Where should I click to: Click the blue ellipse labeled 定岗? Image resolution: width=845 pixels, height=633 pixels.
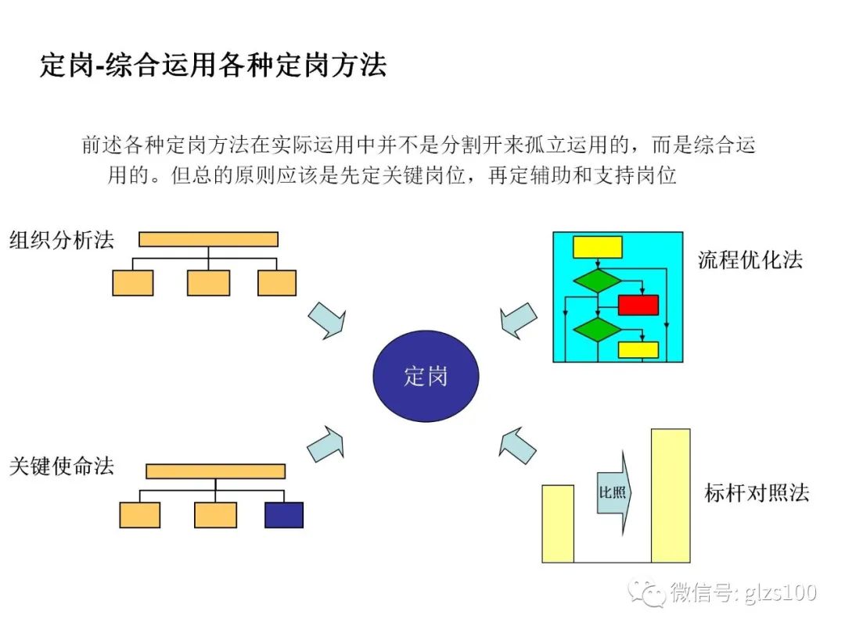(x=426, y=376)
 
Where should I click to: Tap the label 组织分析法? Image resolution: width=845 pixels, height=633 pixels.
(x=62, y=240)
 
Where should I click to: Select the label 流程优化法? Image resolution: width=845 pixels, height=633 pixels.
(x=750, y=260)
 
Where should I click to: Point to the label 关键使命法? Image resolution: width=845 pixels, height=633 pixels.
(x=62, y=467)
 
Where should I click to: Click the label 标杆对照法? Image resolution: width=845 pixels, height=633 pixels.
(x=756, y=493)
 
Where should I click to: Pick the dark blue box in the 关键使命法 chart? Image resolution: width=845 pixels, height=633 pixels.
(x=283, y=515)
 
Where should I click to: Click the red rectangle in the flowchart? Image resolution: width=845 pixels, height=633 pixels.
(x=638, y=305)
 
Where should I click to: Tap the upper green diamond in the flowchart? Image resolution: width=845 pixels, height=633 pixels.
(x=597, y=280)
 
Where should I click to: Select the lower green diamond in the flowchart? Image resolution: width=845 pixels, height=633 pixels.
(x=597, y=329)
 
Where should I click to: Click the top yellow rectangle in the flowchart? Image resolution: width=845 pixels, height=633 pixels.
(x=598, y=247)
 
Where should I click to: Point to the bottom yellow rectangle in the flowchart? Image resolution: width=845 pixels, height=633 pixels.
(x=638, y=349)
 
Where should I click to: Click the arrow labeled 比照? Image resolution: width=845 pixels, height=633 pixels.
(x=613, y=493)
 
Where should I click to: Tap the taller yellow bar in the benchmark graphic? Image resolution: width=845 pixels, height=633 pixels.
(x=671, y=495)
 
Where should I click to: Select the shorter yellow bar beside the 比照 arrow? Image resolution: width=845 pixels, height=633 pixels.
(x=558, y=524)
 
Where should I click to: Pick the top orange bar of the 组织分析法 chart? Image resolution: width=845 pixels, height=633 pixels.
(x=208, y=239)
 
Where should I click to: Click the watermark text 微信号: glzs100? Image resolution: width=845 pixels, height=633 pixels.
(x=743, y=593)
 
